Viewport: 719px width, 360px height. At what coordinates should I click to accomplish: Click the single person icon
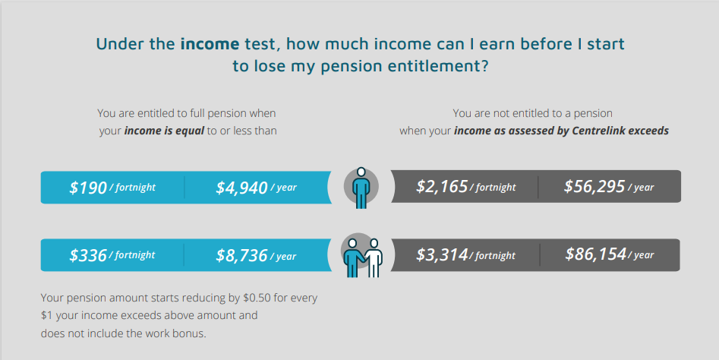[361, 188]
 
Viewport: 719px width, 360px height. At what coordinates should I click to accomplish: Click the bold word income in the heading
[210, 44]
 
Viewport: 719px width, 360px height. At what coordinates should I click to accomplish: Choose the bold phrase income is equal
[164, 131]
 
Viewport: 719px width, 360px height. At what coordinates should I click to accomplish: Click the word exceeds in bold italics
[648, 131]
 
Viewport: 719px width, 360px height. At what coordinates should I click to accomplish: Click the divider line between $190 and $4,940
[184, 188]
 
